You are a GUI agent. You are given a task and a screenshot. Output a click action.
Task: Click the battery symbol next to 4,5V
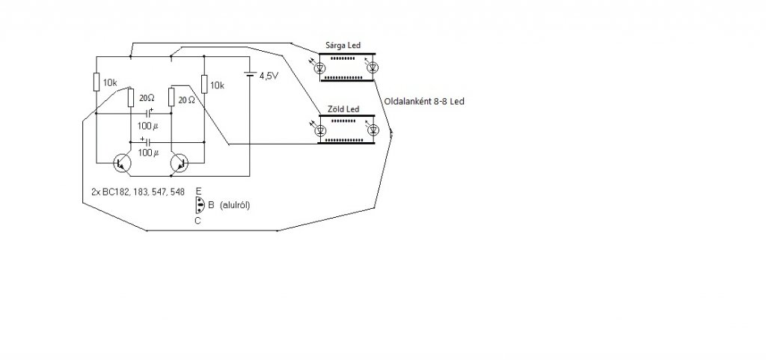click(250, 75)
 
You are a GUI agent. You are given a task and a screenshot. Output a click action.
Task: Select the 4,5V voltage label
click(269, 76)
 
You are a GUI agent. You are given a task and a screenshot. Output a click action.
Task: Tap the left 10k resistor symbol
click(96, 82)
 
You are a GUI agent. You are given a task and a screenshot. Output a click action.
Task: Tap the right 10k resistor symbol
click(203, 85)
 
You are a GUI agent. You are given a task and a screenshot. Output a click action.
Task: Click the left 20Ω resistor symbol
click(131, 98)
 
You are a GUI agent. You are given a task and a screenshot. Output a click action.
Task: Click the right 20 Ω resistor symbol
click(171, 98)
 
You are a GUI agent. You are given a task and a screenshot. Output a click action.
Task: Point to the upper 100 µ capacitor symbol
click(150, 115)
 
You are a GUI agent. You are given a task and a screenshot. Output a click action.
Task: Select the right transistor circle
click(180, 162)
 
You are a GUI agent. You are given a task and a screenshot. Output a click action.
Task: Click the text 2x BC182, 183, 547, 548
click(133, 192)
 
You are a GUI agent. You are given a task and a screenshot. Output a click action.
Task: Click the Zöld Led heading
click(343, 109)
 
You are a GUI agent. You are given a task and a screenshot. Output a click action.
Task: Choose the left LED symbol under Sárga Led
click(321, 68)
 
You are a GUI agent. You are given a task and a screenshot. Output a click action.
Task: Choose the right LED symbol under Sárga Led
click(373, 68)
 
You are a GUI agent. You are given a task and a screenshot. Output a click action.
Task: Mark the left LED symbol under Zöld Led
click(321, 130)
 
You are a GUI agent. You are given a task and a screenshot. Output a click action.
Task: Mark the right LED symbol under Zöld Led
click(373, 130)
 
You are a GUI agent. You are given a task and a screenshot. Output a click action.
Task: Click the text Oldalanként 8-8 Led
click(423, 101)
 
